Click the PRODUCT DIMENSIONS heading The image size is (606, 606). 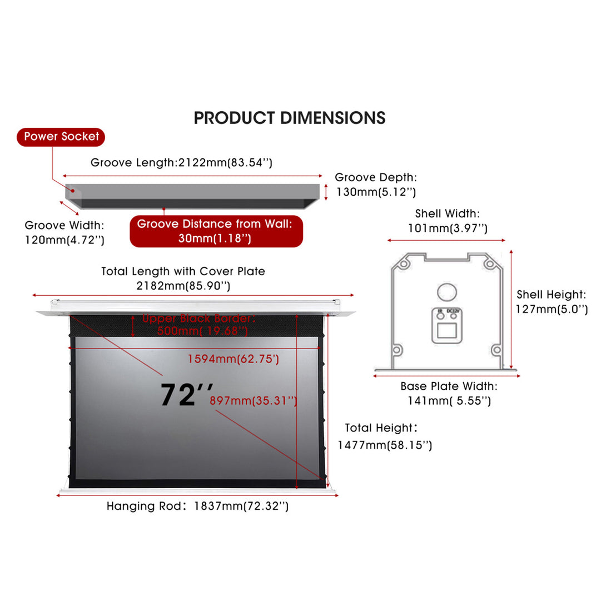coord(289,118)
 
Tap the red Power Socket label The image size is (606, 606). coord(61,136)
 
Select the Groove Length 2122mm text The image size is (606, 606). coord(181,163)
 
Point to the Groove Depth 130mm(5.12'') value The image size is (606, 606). coord(376,192)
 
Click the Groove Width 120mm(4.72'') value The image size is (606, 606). coord(64,240)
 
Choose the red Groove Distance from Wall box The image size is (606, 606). coord(216,231)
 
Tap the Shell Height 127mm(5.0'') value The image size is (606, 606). coord(552,310)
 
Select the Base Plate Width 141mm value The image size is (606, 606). coord(449,400)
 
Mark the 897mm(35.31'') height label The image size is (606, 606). coord(254,401)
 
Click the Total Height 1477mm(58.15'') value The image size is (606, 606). coord(385,445)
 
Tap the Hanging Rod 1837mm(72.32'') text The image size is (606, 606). coord(197,506)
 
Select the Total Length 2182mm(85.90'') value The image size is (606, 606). coord(183,286)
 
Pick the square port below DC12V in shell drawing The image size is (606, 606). coord(447,331)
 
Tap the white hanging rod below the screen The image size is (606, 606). coord(197,491)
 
